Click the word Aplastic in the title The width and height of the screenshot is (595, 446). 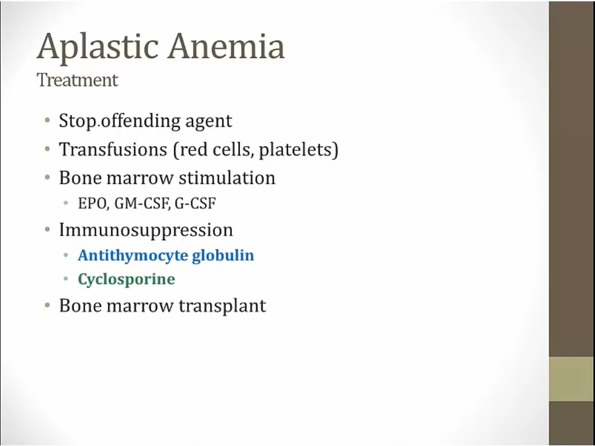pyautogui.click(x=98, y=46)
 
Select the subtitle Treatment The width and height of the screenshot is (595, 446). pyautogui.click(x=77, y=80)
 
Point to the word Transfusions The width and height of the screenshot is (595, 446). pyautogui.click(x=113, y=149)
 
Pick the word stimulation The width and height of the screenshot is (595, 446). pyautogui.click(x=227, y=178)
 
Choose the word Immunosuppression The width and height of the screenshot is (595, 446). pyautogui.click(x=146, y=231)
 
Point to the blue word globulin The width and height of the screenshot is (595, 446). pyautogui.click(x=223, y=255)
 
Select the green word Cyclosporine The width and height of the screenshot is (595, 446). pyautogui.click(x=126, y=279)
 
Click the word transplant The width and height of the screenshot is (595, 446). pyautogui.click(x=222, y=306)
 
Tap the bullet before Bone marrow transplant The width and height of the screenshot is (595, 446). pyautogui.click(x=48, y=305)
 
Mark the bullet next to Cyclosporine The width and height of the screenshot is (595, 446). pyautogui.click(x=66, y=279)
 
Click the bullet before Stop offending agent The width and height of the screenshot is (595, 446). pyautogui.click(x=48, y=121)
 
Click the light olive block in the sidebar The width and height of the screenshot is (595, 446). pyautogui.click(x=572, y=379)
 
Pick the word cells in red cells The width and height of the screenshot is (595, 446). pyautogui.click(x=232, y=149)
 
